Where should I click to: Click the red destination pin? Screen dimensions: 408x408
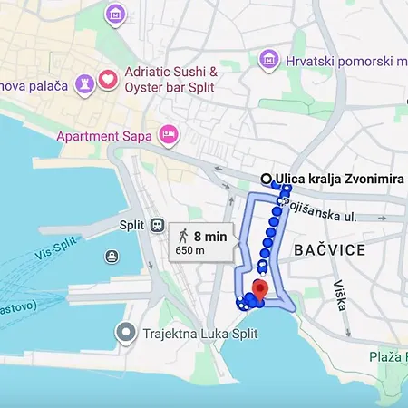click(x=259, y=290)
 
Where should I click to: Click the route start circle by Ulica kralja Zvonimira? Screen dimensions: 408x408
click(x=267, y=179)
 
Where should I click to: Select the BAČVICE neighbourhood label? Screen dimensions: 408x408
click(x=330, y=249)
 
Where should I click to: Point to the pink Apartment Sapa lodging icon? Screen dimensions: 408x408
click(x=168, y=135)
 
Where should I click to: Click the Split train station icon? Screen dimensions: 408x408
click(x=157, y=225)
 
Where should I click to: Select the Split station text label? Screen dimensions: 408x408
click(x=132, y=225)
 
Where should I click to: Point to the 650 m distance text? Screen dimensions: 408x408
click(x=189, y=251)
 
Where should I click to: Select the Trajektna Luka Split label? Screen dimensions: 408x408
click(x=199, y=334)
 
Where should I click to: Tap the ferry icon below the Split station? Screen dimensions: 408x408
click(x=112, y=256)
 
